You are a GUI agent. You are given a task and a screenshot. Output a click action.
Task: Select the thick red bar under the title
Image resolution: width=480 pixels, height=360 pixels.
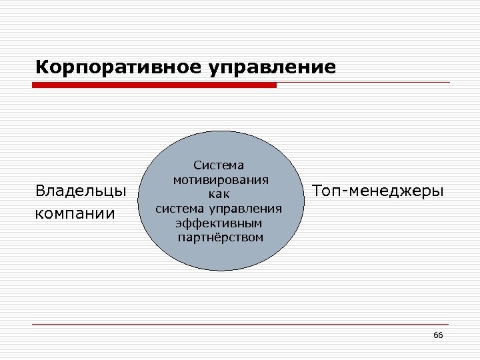tap(154, 85)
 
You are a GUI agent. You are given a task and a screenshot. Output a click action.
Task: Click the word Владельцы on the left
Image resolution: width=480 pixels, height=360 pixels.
tap(81, 191)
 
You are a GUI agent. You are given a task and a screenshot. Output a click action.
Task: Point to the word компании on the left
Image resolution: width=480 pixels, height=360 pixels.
tap(75, 214)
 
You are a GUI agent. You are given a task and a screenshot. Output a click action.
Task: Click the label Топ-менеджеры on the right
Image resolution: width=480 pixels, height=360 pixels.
tap(377, 191)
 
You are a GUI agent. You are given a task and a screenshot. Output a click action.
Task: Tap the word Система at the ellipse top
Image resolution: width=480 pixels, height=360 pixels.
tap(219, 165)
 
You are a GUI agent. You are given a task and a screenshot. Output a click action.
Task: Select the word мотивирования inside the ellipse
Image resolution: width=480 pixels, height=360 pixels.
tap(221, 179)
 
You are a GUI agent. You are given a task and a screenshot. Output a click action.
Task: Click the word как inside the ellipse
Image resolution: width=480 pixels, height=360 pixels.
tap(219, 194)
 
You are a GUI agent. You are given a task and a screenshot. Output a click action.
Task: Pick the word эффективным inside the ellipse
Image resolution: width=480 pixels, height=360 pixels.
tap(219, 223)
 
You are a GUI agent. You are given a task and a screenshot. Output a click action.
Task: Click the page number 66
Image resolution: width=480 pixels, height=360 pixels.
tap(438, 335)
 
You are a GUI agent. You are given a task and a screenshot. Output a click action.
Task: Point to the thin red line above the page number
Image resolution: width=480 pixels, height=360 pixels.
tap(240, 324)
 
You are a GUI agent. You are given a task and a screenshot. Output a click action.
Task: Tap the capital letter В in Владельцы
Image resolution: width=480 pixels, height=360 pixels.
tap(41, 191)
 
